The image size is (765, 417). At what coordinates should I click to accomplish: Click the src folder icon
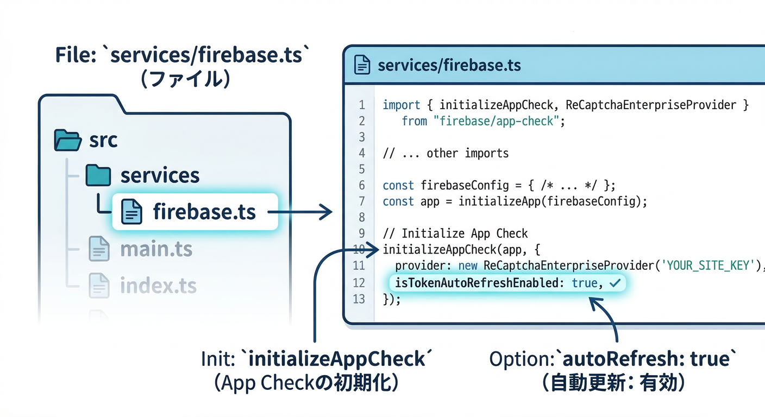tap(67, 140)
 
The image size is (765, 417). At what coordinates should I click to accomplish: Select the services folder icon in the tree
tap(98, 175)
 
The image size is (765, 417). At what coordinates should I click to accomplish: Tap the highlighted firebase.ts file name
tap(204, 212)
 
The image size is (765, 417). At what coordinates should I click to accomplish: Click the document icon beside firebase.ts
tap(131, 212)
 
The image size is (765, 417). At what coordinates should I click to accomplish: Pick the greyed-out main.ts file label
tap(156, 249)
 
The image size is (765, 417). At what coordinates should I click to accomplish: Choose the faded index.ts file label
tap(158, 285)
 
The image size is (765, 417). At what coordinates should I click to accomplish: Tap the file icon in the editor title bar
tap(362, 65)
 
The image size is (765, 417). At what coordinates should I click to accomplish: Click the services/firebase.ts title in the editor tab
tap(449, 66)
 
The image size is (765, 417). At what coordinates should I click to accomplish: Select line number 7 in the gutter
tap(362, 201)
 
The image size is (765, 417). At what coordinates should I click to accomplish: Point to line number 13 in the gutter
tap(359, 299)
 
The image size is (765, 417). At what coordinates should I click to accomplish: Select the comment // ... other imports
tap(446, 153)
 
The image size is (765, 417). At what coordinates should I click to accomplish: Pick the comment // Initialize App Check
tap(455, 233)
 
